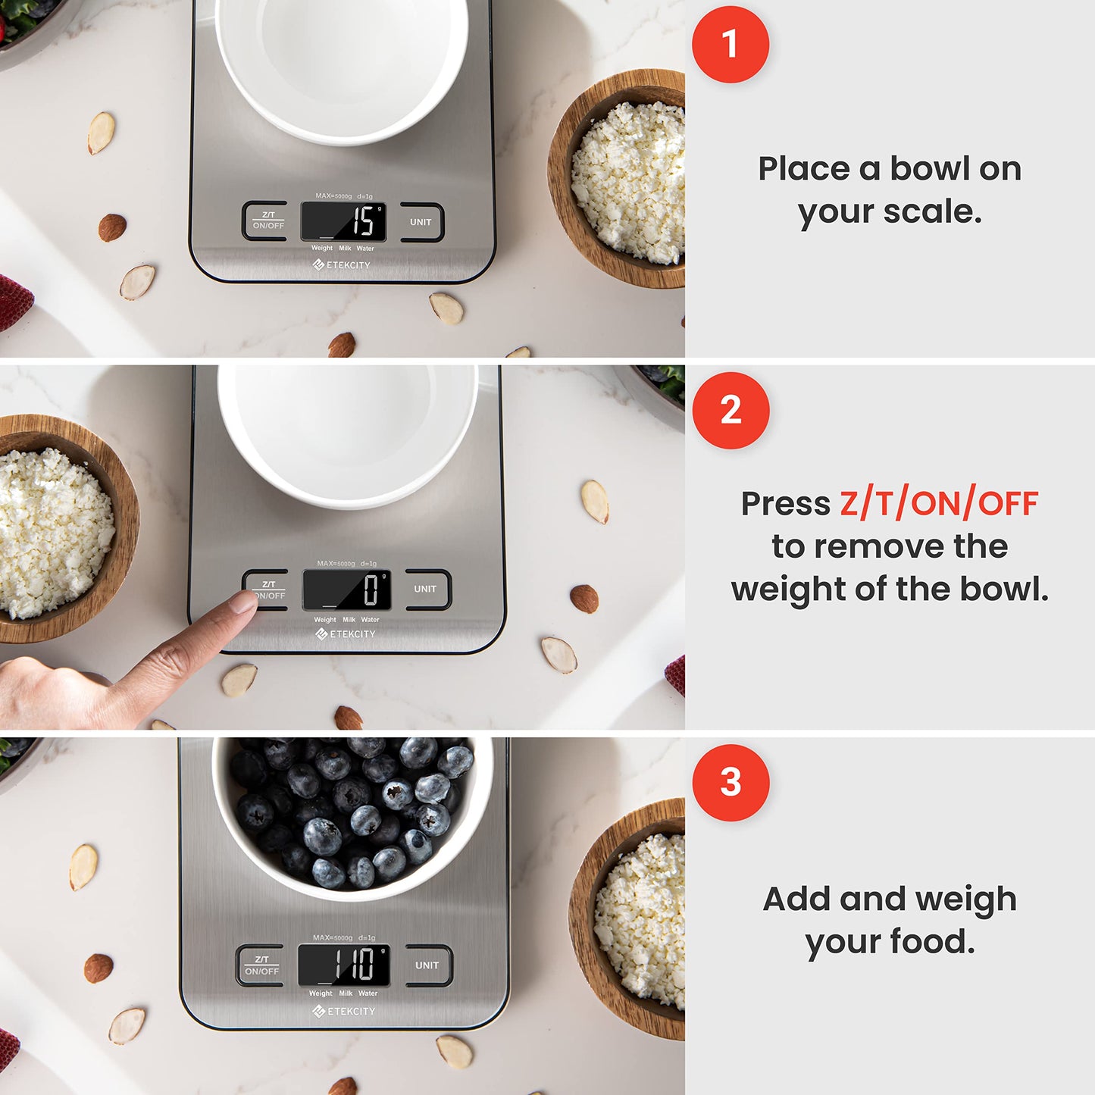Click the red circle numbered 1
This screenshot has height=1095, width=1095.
[x=730, y=44]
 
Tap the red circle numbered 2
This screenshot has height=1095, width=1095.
[x=731, y=410]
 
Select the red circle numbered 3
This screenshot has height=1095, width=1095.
[x=731, y=782]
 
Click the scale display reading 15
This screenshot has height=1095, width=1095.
[x=344, y=221]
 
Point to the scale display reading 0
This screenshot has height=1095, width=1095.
[x=347, y=590]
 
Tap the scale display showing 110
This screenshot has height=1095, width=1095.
[x=344, y=965]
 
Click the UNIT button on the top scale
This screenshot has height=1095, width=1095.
[x=421, y=222]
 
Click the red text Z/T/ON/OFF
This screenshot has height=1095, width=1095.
[x=938, y=504]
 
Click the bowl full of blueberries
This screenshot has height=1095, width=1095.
[x=352, y=815]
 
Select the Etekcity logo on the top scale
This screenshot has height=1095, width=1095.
[x=342, y=265]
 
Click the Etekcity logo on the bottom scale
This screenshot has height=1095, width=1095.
[x=344, y=1012]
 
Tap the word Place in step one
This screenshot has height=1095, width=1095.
[x=803, y=169]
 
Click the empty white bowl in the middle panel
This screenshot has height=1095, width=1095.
[x=348, y=432]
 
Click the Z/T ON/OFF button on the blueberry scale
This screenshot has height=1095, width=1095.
[x=261, y=965]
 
